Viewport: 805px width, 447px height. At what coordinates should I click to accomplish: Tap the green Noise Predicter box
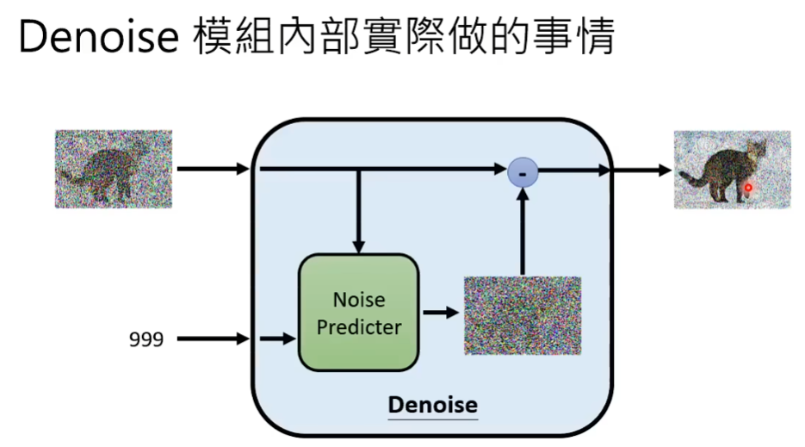point(358,313)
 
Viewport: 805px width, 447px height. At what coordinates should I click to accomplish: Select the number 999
point(146,339)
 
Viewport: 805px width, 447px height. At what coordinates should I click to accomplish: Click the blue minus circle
point(522,172)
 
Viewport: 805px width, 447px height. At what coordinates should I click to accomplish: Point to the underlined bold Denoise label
point(432,405)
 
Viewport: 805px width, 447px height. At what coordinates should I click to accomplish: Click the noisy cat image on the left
point(114,169)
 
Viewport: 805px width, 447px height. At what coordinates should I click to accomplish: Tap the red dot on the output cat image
point(748,187)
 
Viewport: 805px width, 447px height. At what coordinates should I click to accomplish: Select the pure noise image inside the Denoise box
point(522,315)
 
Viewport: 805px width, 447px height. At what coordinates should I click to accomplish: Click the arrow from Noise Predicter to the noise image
point(441,313)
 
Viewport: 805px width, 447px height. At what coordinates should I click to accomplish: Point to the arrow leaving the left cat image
point(212,170)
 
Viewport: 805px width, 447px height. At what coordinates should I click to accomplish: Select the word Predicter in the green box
point(359,327)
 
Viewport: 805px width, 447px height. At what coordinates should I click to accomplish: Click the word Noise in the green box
point(359,300)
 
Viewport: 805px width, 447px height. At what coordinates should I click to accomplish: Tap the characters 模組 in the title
point(228,39)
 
